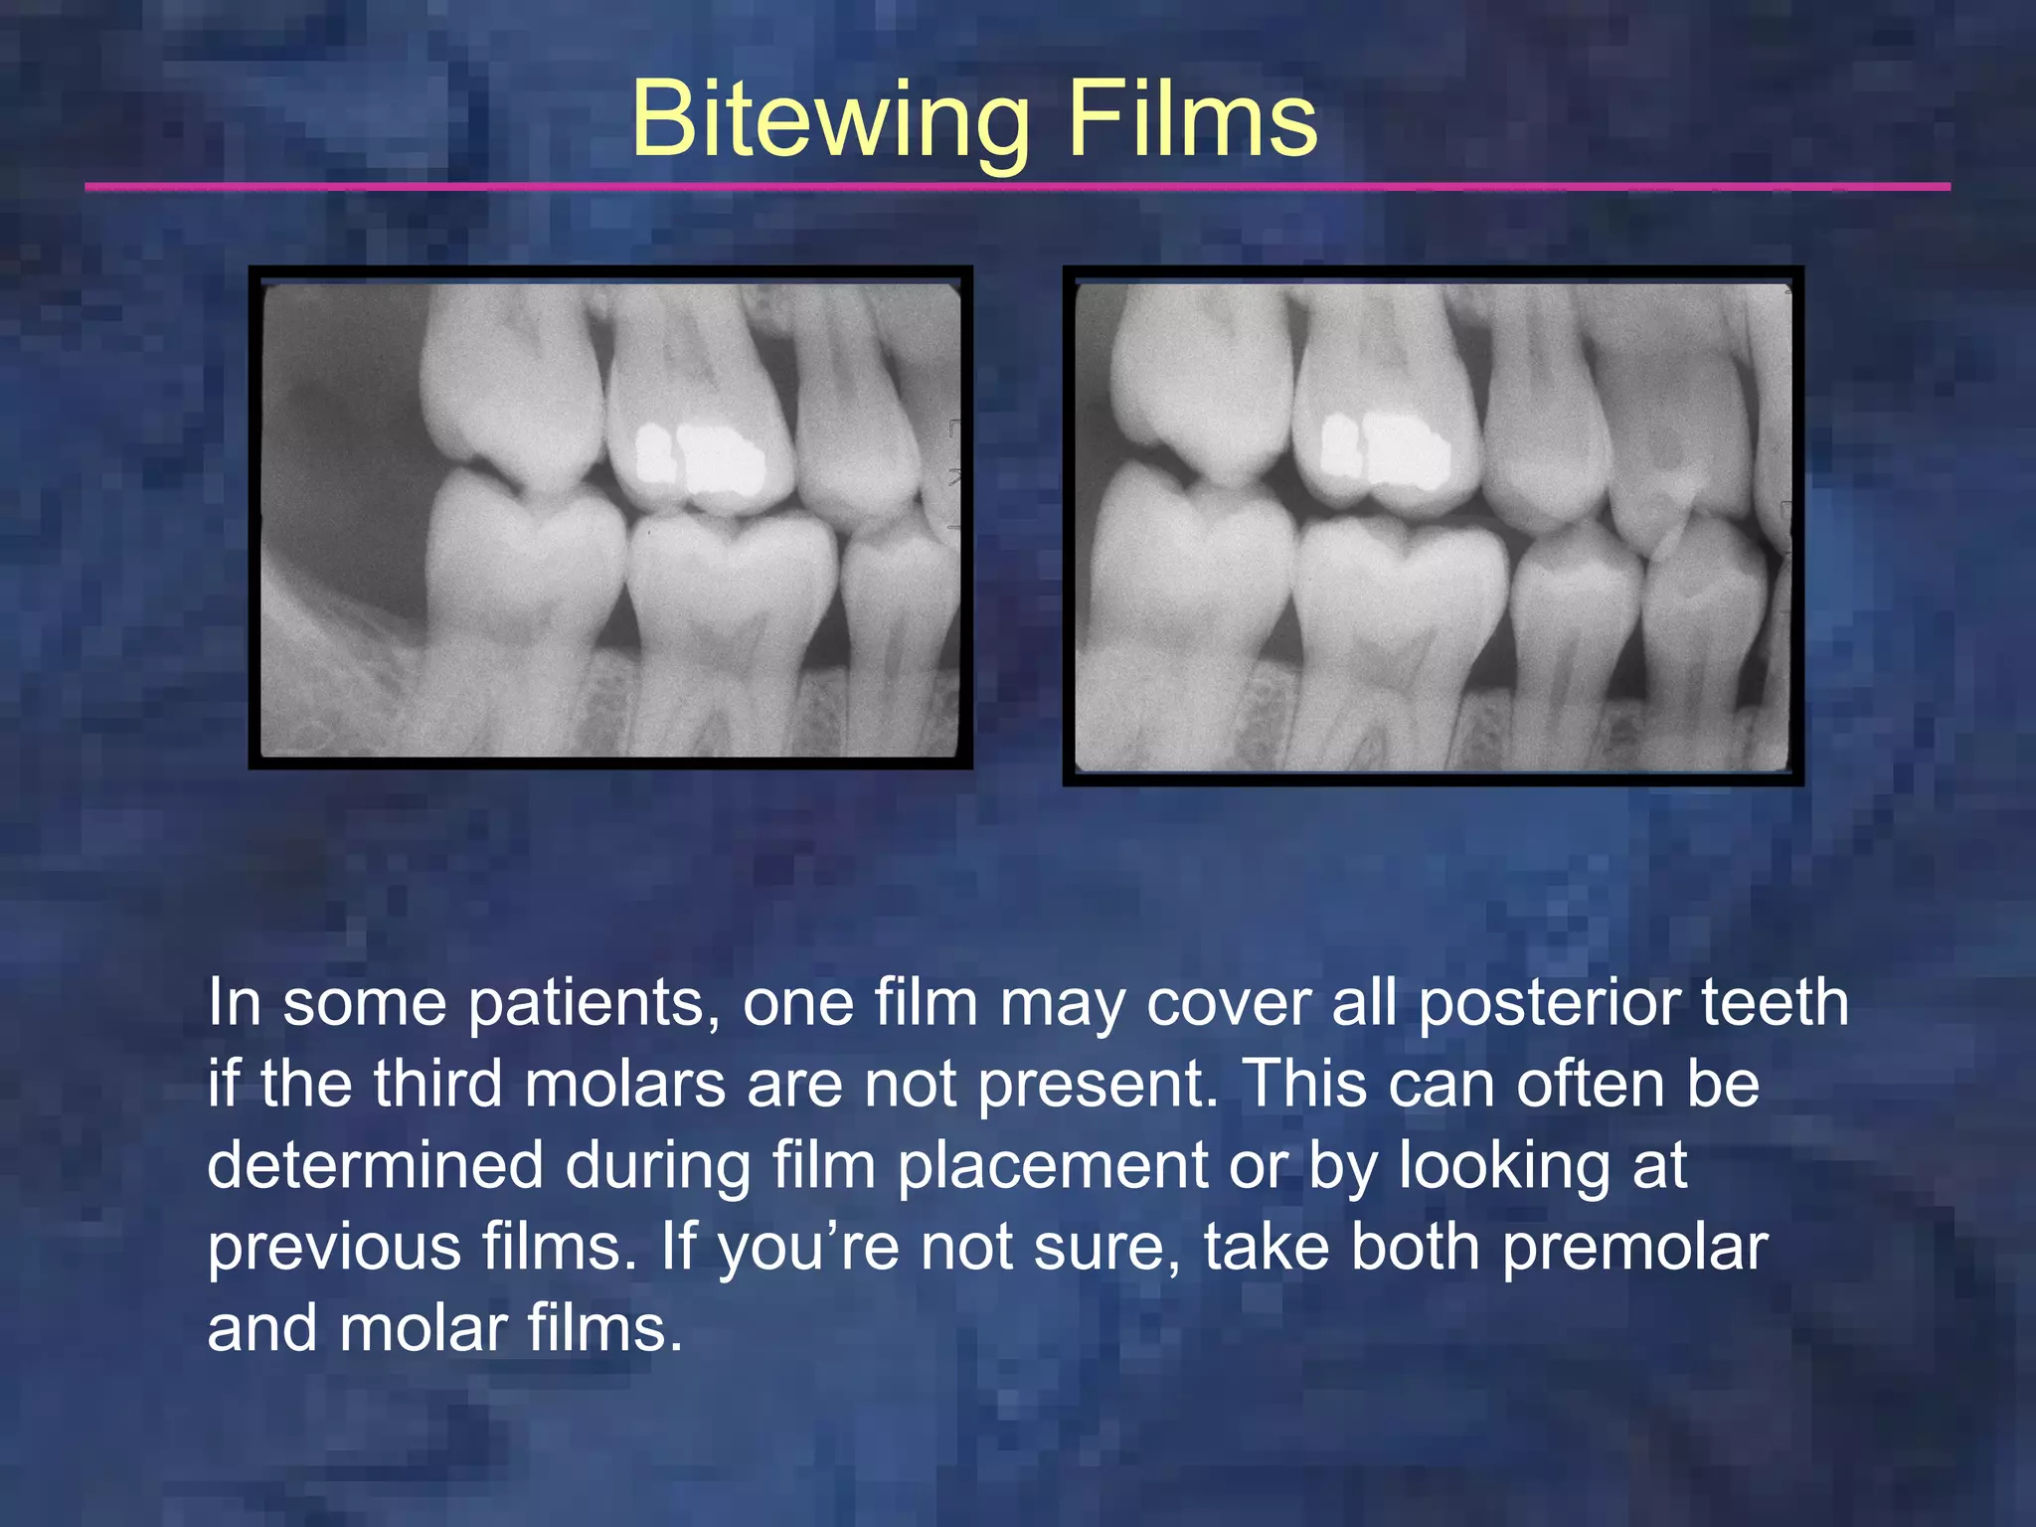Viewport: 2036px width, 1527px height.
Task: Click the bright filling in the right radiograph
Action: point(1386,452)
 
